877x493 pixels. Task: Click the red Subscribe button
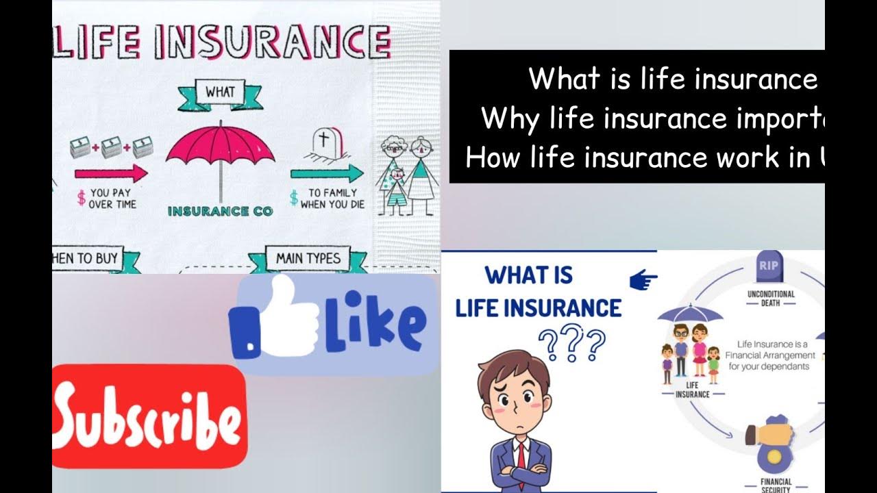click(149, 417)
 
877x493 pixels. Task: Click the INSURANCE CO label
click(220, 211)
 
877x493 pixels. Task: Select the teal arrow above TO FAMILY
click(326, 173)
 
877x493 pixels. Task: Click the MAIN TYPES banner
click(308, 259)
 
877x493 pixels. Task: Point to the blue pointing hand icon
click(643, 279)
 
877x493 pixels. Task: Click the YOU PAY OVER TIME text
click(112, 199)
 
